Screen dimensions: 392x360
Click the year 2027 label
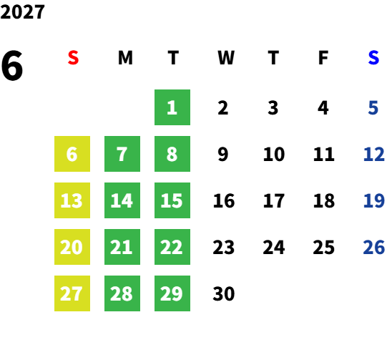(22, 12)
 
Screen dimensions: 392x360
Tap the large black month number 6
(12, 65)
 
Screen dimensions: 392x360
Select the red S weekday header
(73, 58)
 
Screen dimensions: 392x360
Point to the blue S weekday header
(373, 58)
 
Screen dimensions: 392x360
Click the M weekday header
(125, 58)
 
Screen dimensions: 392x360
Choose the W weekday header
(226, 58)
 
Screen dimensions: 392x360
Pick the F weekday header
(323, 58)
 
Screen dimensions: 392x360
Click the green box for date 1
(172, 107)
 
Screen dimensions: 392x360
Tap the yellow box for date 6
(72, 154)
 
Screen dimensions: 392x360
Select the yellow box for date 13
(72, 200)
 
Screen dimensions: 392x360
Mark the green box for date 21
(122, 247)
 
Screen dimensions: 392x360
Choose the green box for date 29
(172, 293)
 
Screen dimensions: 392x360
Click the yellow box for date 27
(72, 293)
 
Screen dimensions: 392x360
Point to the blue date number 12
(373, 154)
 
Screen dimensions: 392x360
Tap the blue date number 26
(373, 247)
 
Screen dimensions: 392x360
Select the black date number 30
(224, 293)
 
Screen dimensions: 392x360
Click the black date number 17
(274, 200)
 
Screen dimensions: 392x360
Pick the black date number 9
(222, 154)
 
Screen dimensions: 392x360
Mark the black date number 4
(323, 108)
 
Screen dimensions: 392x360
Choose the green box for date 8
(172, 154)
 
